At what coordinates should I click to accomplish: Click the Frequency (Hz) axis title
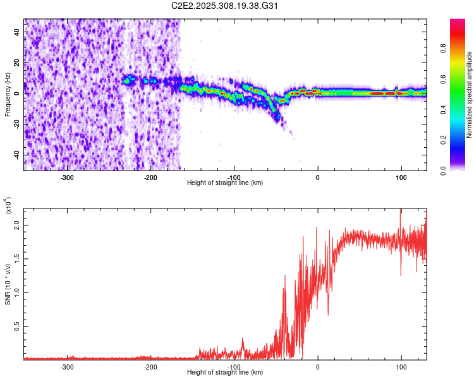pos(8,95)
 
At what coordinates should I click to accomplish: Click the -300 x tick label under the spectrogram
pos(67,177)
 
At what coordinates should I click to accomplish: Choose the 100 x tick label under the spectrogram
pos(401,177)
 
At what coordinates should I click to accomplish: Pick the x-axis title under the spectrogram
pos(226,183)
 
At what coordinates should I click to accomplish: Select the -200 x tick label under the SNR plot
pos(150,366)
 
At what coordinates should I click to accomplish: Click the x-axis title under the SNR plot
pos(226,373)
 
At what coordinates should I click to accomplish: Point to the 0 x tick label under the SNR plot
pos(317,366)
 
